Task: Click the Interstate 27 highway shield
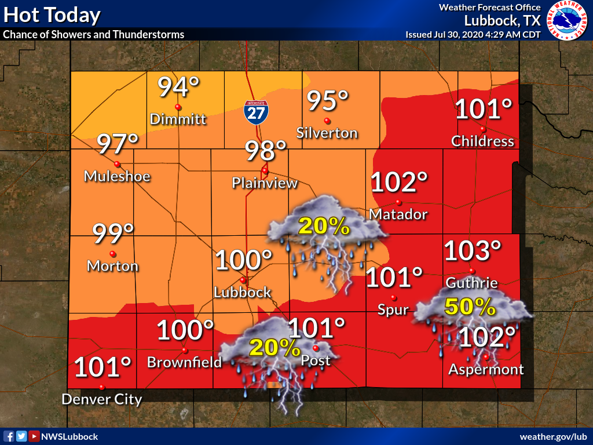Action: (255, 111)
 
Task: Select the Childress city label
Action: (482, 141)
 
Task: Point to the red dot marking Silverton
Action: (327, 121)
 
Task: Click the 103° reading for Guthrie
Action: (472, 251)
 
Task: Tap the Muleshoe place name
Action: (117, 176)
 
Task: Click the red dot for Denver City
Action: (102, 387)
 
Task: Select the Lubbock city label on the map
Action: (243, 292)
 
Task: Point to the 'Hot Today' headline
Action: (52, 15)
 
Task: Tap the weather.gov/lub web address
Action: (554, 436)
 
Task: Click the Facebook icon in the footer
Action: (9, 436)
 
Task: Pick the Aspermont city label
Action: (486, 369)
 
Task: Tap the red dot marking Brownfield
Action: (185, 350)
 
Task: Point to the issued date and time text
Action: (473, 34)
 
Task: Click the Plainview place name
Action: (265, 183)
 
